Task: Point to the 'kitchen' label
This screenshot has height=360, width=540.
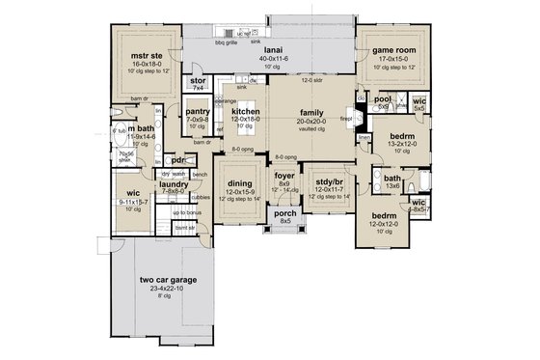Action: tap(247, 112)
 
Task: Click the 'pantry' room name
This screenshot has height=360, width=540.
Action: tap(198, 112)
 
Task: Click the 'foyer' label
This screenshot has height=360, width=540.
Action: tap(284, 176)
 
